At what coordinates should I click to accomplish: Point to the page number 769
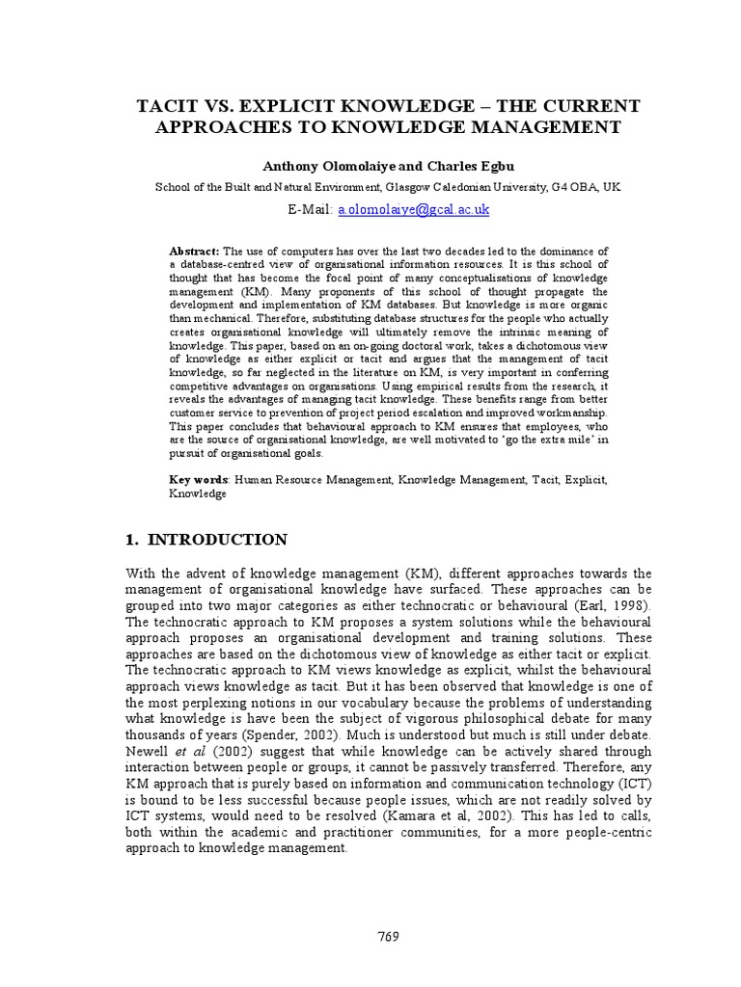point(388,936)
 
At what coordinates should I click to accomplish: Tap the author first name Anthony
point(295,166)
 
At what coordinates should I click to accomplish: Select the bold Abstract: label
point(195,251)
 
